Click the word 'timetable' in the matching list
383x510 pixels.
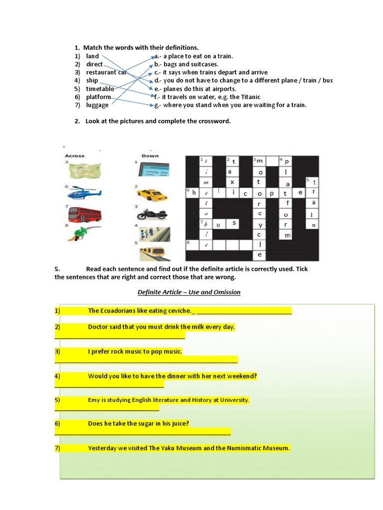[x=100, y=89]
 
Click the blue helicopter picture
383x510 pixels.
[x=84, y=193]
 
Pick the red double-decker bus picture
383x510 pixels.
[x=84, y=214]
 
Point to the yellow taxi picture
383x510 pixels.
[x=153, y=194]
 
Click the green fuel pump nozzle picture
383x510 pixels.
[x=81, y=235]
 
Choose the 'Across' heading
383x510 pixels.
[x=75, y=156]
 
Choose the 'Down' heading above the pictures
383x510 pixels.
[x=150, y=156]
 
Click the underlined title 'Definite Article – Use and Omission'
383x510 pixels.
[x=189, y=292]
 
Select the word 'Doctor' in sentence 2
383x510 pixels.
[x=98, y=327]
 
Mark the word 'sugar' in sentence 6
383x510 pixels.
[x=142, y=424]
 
